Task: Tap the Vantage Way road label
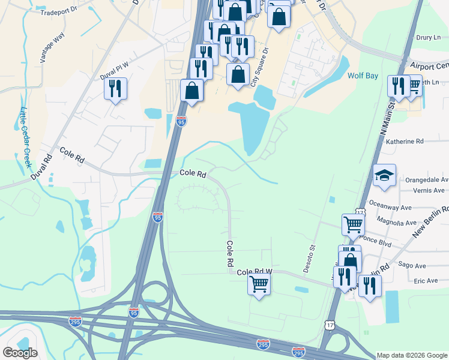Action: coord(52,48)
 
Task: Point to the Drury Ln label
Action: coord(428,37)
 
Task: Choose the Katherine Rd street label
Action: coord(405,142)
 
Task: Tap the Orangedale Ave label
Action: coord(427,179)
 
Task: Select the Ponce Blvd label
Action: coord(376,245)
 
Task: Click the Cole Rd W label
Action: coord(255,272)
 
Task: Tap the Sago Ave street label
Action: coord(412,266)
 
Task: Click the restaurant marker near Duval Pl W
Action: coord(115,88)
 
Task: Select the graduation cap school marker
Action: coord(384,175)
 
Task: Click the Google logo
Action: coord(20,353)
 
